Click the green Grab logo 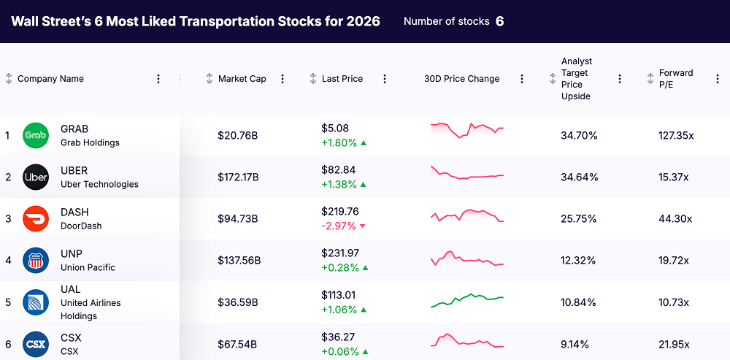36,135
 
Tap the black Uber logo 36,177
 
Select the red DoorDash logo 36,218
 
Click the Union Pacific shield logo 36,260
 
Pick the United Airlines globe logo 36,302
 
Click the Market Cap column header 242,79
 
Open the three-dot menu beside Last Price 385,79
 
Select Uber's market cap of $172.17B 238,177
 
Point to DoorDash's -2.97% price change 339,226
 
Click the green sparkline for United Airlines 467,300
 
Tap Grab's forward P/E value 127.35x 675,136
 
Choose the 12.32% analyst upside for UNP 579,261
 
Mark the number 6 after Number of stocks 499,21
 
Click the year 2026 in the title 363,21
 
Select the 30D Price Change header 461,79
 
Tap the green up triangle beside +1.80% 364,143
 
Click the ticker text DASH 74,212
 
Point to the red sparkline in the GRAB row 467,129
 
